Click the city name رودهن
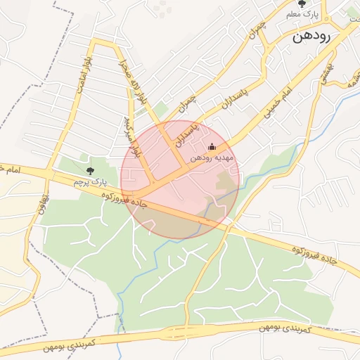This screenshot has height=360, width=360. (320, 37)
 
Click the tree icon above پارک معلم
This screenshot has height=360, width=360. (302, 4)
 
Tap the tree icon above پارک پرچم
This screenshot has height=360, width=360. (89, 170)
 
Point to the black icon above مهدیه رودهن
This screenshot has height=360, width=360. (213, 147)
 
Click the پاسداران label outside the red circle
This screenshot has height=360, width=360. (231, 101)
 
